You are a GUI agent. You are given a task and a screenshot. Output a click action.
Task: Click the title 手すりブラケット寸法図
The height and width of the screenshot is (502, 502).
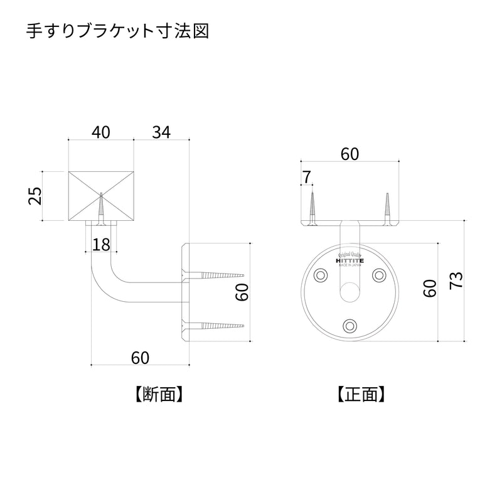117,32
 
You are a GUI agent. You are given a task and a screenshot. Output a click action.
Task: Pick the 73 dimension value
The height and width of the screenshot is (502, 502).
457,279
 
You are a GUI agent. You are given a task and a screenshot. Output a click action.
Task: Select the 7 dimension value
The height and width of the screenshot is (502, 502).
306,178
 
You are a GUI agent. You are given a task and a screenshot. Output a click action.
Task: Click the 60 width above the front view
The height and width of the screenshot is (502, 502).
350,154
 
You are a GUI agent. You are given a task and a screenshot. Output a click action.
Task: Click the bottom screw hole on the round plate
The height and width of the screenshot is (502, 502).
350,324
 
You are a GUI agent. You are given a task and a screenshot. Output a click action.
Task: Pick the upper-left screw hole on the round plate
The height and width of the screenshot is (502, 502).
321,275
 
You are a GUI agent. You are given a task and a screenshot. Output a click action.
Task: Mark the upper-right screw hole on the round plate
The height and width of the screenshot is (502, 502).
379,275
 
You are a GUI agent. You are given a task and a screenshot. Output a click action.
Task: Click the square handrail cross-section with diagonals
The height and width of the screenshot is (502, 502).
100,196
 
